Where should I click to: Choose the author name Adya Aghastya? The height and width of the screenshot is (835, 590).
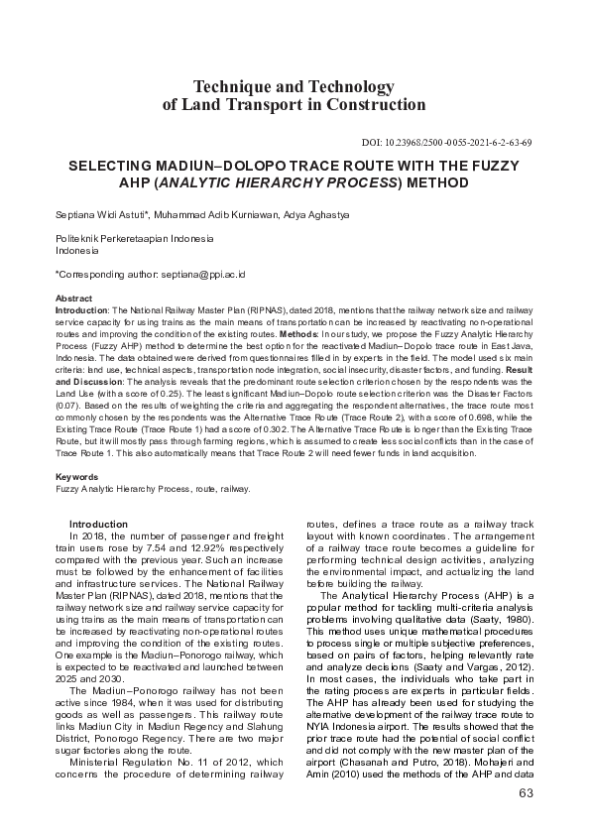click(300, 213)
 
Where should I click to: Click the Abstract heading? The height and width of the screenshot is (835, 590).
click(73, 298)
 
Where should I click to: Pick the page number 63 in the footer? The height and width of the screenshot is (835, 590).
click(527, 793)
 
